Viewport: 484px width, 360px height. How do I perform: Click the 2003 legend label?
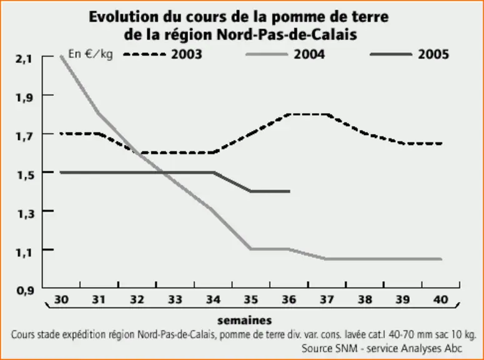pyautogui.click(x=187, y=54)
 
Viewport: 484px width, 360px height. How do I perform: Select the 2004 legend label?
pyautogui.click(x=309, y=54)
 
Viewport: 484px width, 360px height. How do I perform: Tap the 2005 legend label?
pyautogui.click(x=433, y=54)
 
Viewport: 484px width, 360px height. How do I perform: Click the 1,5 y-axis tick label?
pyautogui.click(x=26, y=175)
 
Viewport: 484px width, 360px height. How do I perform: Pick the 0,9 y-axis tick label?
pyautogui.click(x=25, y=291)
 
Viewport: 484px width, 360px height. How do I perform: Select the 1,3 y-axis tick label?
pyautogui.click(x=26, y=214)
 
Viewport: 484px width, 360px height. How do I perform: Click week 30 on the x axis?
pyautogui.click(x=61, y=299)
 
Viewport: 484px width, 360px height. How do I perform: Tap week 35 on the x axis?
pyautogui.click(x=250, y=299)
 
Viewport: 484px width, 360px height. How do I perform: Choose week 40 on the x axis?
pyautogui.click(x=440, y=299)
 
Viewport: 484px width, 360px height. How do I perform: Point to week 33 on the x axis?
pyautogui.click(x=175, y=299)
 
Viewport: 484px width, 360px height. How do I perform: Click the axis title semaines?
pyautogui.click(x=244, y=321)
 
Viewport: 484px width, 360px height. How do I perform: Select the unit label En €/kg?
pyautogui.click(x=91, y=54)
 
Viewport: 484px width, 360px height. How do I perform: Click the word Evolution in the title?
pyautogui.click(x=123, y=17)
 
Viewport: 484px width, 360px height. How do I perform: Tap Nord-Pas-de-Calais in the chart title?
pyautogui.click(x=287, y=34)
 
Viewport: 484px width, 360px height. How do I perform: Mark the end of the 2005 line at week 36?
pyautogui.click(x=289, y=192)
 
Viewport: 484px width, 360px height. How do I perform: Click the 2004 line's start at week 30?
pyautogui.click(x=61, y=56)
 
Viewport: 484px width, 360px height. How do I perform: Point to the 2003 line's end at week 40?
pyautogui.click(x=441, y=143)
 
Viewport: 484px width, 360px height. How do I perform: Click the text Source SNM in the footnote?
pyautogui.click(x=329, y=348)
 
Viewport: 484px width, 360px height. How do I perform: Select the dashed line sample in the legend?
pyautogui.click(x=144, y=54)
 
